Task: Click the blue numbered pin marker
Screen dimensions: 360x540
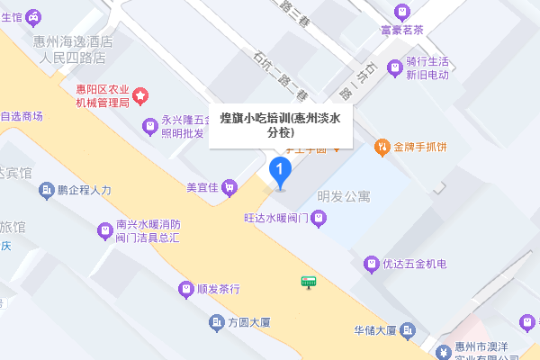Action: coord(280,168)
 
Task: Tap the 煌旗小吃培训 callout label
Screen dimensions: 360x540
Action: coord(280,124)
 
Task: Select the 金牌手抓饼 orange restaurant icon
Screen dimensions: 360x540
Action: coord(382,145)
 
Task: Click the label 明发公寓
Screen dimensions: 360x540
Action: coord(344,195)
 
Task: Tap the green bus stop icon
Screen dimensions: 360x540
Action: coord(309,282)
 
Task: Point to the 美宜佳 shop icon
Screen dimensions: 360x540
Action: coord(229,187)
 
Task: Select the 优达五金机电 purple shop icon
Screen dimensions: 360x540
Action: coord(370,265)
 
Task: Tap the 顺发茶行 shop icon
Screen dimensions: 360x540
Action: coord(185,289)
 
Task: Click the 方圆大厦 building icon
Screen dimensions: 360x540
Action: coord(216,322)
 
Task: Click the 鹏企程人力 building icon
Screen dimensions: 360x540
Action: coord(47,190)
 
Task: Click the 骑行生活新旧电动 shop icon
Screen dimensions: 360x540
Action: coord(393,67)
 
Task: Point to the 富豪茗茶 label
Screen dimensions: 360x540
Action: coord(401,29)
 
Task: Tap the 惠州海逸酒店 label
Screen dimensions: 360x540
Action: coord(74,41)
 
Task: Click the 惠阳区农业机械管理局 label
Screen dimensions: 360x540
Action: coord(102,96)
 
